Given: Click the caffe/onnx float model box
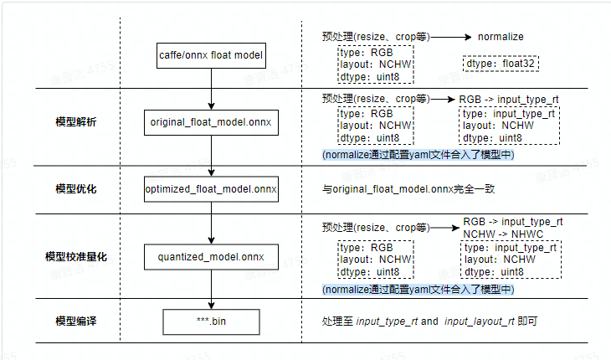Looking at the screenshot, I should click(x=211, y=57).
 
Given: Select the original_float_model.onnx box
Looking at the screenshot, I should click(x=211, y=122).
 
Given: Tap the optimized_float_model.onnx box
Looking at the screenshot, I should click(x=211, y=189).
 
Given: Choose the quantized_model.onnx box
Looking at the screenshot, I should click(x=211, y=256).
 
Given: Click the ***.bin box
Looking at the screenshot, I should click(x=211, y=321).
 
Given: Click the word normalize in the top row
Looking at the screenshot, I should click(x=501, y=37).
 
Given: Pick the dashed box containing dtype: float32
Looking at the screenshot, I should click(x=500, y=64).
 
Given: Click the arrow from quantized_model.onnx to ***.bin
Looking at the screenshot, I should click(x=211, y=289).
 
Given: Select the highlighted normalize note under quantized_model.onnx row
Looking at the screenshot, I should click(x=418, y=289).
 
